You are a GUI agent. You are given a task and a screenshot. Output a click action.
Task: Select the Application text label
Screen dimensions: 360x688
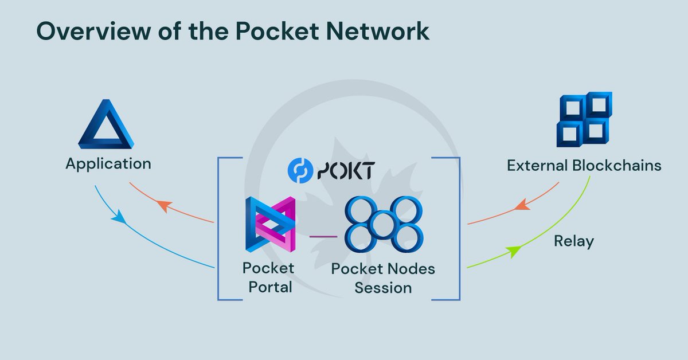tap(108, 164)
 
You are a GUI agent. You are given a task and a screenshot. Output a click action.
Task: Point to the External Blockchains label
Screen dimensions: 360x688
tap(584, 166)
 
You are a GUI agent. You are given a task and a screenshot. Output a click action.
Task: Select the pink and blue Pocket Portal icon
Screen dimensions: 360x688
tap(269, 224)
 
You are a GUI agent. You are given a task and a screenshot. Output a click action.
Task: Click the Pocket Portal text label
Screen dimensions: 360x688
tap(268, 277)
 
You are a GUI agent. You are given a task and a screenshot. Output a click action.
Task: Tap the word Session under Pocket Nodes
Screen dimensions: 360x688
tap(383, 288)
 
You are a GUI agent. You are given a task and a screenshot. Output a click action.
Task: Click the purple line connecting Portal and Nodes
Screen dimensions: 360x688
tap(323, 236)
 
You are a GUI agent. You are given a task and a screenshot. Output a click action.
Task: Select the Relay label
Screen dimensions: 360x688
tap(573, 241)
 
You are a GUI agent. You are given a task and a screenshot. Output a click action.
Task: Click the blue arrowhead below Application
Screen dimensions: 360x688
tap(119, 217)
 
